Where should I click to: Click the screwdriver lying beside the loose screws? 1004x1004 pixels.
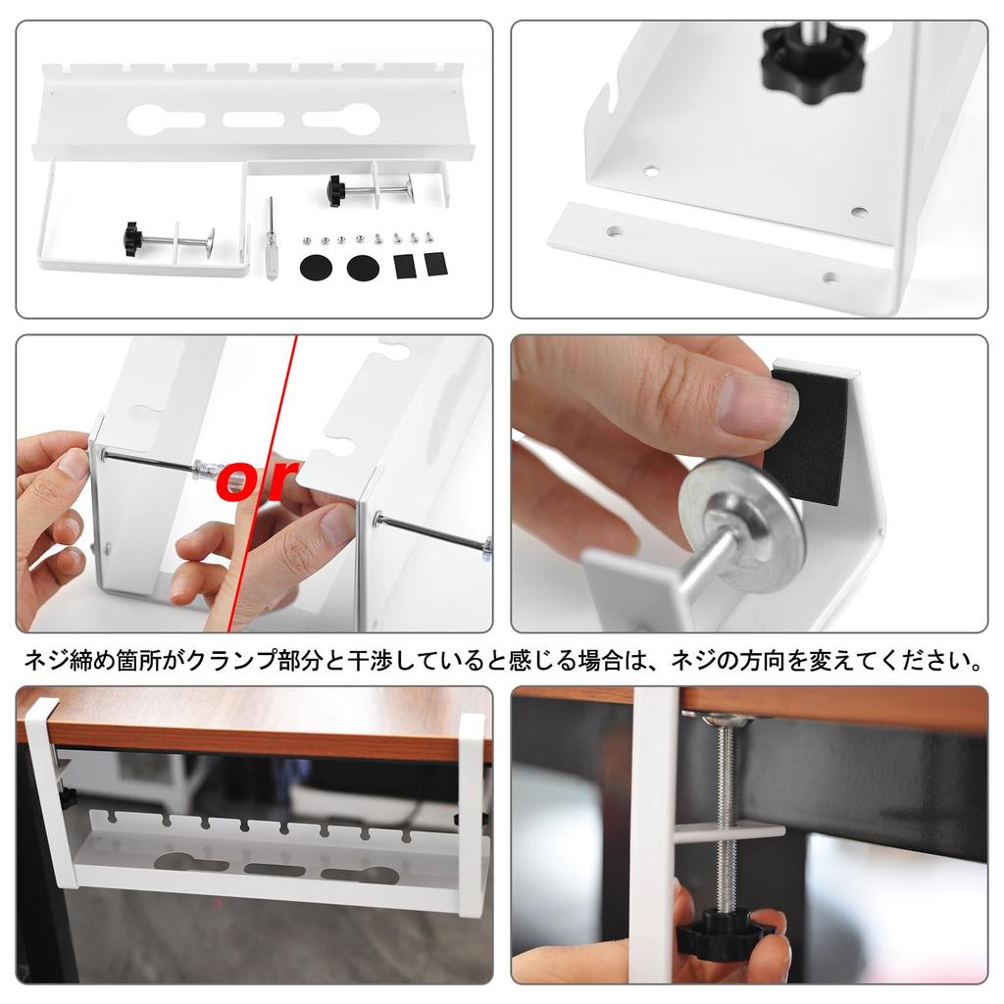(x=271, y=240)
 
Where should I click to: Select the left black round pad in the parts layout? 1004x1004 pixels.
(x=316, y=265)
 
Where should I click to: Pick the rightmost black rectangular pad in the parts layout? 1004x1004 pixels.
(x=433, y=264)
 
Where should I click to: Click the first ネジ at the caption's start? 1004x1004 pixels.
(x=41, y=660)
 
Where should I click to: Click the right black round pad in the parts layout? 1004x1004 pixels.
(x=363, y=265)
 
